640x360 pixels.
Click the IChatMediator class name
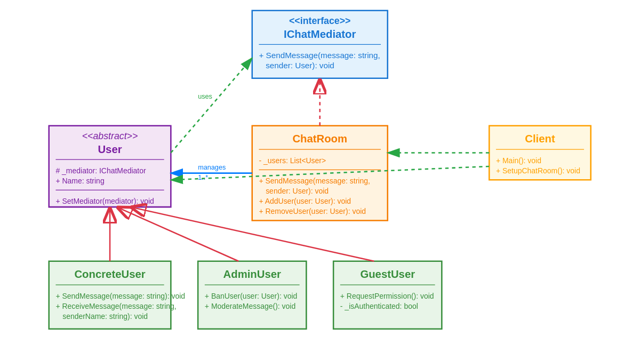[x=319, y=34]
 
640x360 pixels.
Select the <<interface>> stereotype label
[x=319, y=21]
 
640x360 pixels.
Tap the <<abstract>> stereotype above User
[x=110, y=136]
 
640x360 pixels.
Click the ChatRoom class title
[x=319, y=139]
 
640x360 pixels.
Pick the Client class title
[x=540, y=139]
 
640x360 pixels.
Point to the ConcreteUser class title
[x=110, y=274]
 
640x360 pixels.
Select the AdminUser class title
[x=252, y=274]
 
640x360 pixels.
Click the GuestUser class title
[x=387, y=274]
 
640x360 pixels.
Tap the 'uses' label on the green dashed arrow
[x=205, y=97]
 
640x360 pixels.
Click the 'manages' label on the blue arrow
[x=212, y=167]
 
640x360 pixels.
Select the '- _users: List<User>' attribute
[x=292, y=161]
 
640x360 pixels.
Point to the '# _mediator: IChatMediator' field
[x=101, y=171]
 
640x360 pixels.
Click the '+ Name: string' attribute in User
[x=80, y=181]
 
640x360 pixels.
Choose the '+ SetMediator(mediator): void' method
[x=105, y=201]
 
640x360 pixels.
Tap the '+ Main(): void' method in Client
[x=518, y=161]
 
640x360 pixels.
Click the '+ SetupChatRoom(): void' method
[x=538, y=171]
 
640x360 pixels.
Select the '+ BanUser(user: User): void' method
[x=251, y=296]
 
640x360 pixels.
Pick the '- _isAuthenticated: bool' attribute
[x=379, y=306]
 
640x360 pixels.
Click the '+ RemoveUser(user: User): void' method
[x=312, y=211]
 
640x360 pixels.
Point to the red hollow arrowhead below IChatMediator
[x=319, y=86]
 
